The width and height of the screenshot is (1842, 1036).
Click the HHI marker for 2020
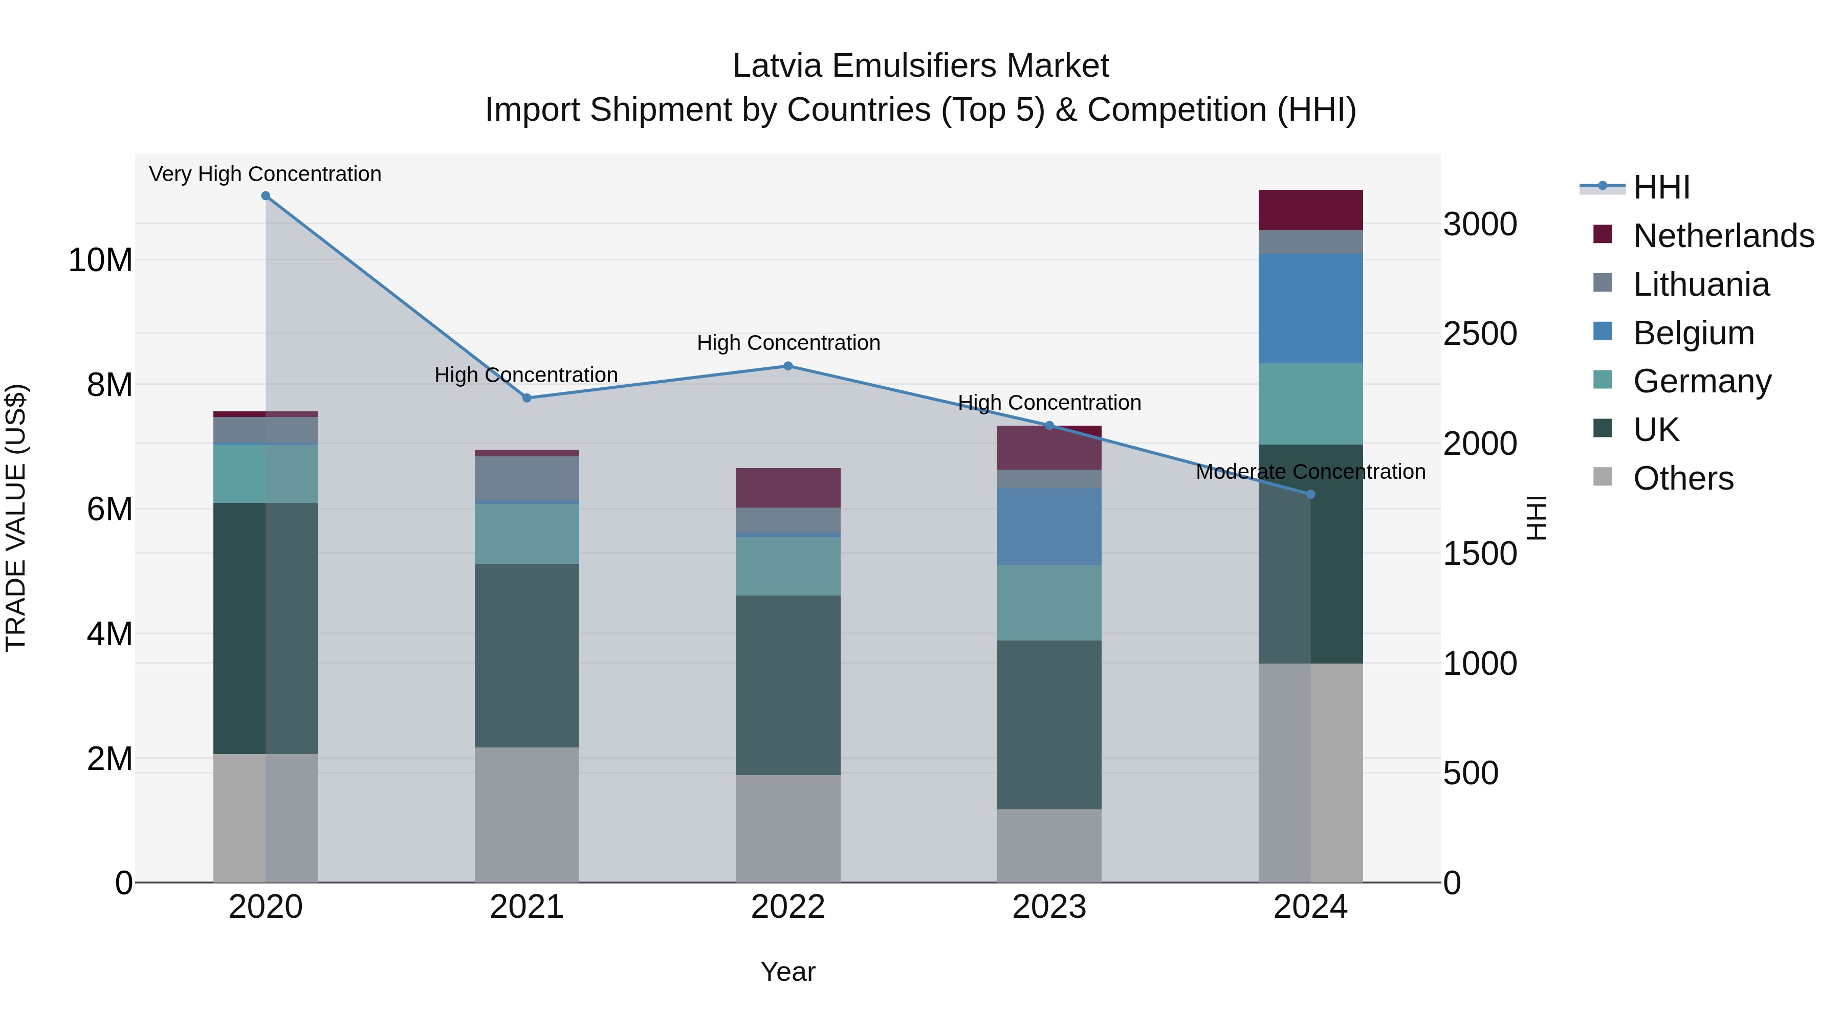[x=265, y=196]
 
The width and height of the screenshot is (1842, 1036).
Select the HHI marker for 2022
[x=788, y=366]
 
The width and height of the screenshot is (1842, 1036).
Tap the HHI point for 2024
[x=1310, y=494]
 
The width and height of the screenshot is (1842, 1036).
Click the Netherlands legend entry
[x=1723, y=236]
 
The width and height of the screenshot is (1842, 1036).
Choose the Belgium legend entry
[x=1693, y=333]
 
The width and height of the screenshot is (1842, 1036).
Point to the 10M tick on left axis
[x=100, y=260]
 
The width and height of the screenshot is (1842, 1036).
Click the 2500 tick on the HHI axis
[x=1479, y=334]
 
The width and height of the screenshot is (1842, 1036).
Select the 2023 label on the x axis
[x=1049, y=907]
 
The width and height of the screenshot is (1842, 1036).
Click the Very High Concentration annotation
[x=265, y=174]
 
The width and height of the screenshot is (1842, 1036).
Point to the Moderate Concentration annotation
[x=1310, y=472]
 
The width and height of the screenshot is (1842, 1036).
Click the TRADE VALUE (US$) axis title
[x=16, y=518]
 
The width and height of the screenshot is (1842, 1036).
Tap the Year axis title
[x=788, y=972]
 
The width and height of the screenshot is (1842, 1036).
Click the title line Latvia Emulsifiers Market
[x=920, y=66]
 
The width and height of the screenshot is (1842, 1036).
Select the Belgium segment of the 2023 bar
[x=1049, y=527]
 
